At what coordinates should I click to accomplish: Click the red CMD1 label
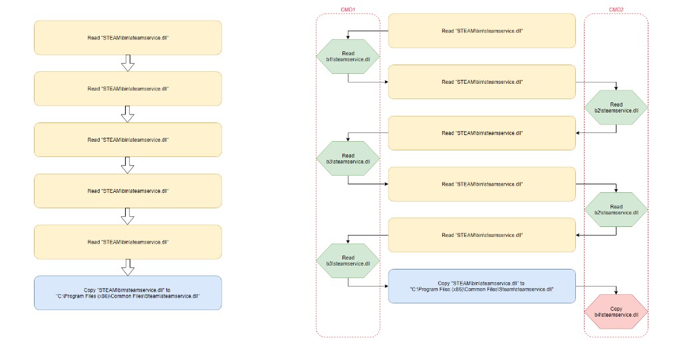(347, 9)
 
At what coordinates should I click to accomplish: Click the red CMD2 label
(616, 9)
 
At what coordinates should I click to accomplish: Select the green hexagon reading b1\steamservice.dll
(348, 57)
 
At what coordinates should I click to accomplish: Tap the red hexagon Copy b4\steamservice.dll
(616, 311)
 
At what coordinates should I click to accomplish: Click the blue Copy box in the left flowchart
(128, 293)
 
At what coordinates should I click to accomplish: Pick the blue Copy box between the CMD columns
(481, 286)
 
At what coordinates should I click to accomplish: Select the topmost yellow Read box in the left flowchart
(128, 38)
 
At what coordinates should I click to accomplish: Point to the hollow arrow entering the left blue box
(127, 267)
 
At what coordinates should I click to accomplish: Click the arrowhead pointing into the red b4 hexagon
(616, 292)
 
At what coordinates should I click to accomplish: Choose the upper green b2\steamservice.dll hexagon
(616, 107)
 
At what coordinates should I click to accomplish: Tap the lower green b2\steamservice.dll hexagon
(616, 210)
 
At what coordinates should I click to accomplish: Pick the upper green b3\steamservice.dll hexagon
(348, 158)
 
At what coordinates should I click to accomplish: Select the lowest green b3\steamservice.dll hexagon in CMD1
(348, 260)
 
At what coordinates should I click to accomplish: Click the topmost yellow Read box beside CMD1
(481, 31)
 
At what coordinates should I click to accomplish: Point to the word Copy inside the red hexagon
(616, 309)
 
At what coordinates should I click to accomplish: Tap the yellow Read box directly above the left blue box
(128, 242)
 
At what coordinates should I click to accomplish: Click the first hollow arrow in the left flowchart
(127, 63)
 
